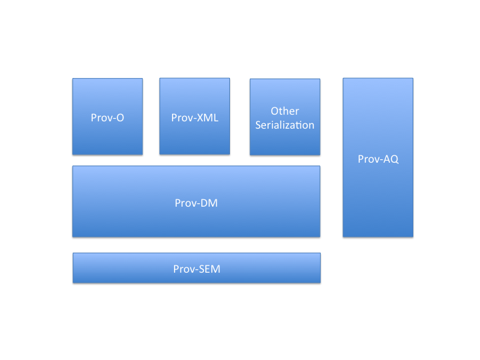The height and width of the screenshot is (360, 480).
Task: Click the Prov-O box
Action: point(107,116)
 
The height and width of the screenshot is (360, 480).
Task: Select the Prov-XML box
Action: point(195,116)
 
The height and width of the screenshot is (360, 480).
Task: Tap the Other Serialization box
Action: point(285,117)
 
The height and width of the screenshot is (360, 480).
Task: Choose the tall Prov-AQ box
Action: point(378,157)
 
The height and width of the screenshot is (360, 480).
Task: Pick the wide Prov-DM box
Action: point(196,201)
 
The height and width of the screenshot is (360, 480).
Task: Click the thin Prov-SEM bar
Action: point(197,268)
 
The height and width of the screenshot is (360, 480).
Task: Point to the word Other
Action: point(285,111)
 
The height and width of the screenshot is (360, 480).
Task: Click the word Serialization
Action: point(285,125)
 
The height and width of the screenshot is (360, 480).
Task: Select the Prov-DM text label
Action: point(196,203)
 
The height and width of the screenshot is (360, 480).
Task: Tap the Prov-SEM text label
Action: point(197,269)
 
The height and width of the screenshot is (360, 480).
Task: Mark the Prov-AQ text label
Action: point(378,159)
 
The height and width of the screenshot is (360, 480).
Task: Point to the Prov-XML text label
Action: point(195,117)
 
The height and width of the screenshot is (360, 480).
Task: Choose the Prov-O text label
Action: point(107,117)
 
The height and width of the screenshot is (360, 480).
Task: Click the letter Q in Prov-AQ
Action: point(394,159)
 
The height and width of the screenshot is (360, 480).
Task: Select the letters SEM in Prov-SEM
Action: point(210,269)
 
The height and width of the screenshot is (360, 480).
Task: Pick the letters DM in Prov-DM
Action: point(209,203)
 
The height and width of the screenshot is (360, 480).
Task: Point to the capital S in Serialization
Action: point(259,125)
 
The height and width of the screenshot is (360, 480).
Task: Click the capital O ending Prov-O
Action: point(120,117)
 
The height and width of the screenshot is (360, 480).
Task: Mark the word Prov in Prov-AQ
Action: point(367,159)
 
